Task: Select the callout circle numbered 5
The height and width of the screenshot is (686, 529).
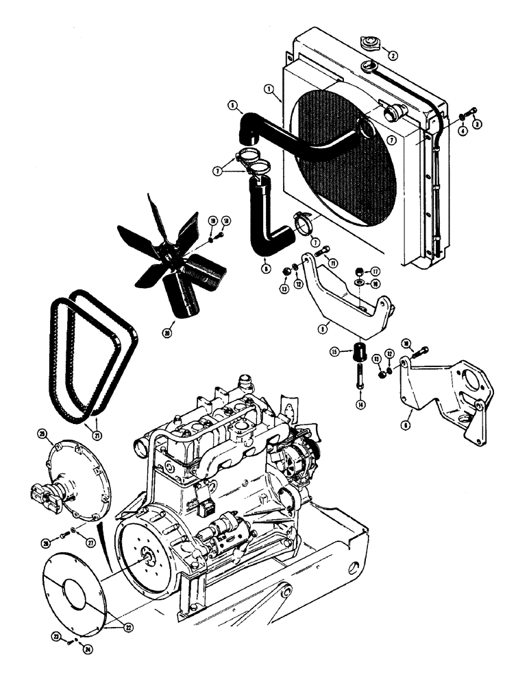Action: click(x=233, y=106)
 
